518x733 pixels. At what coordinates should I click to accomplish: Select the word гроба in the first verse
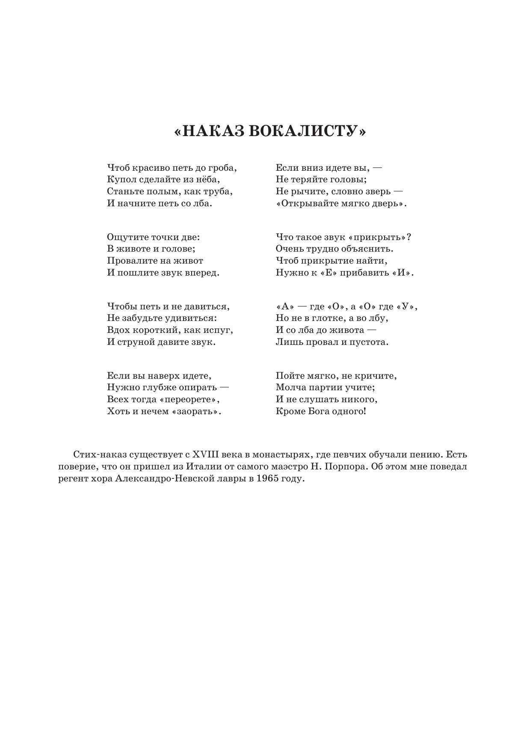click(x=222, y=168)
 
